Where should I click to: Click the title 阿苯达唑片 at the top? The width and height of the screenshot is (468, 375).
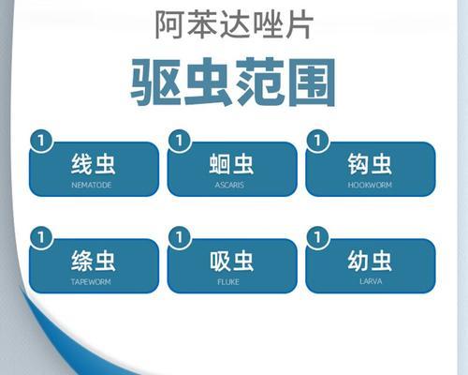tap(234, 24)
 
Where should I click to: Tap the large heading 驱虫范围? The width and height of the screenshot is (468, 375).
tap(233, 82)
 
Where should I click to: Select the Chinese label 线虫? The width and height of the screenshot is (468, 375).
tap(94, 164)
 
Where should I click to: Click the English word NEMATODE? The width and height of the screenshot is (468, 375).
tap(92, 185)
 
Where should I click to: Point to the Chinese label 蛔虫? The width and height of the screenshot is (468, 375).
tap(231, 164)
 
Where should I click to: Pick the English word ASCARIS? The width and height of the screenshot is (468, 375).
tap(229, 185)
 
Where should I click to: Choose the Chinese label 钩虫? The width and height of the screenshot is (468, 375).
tap(370, 164)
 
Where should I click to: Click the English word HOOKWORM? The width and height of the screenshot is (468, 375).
tap(370, 185)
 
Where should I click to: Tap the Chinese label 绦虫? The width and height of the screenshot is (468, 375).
tap(94, 261)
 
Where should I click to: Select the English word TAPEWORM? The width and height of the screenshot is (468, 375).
tap(91, 282)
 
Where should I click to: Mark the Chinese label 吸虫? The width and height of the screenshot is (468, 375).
tap(231, 261)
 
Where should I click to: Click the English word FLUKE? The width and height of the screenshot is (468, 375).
tap(228, 282)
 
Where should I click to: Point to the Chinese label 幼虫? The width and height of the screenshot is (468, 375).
tap(370, 261)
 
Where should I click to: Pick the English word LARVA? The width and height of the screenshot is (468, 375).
tap(371, 281)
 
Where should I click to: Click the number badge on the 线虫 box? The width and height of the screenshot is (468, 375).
tap(41, 141)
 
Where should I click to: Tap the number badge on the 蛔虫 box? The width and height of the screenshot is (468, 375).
tap(180, 141)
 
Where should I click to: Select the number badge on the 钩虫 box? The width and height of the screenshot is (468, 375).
tap(317, 141)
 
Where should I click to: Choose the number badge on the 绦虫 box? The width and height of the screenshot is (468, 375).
tap(41, 237)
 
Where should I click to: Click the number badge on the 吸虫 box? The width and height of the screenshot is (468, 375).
tap(180, 237)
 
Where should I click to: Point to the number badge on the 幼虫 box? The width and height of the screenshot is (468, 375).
tap(317, 237)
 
